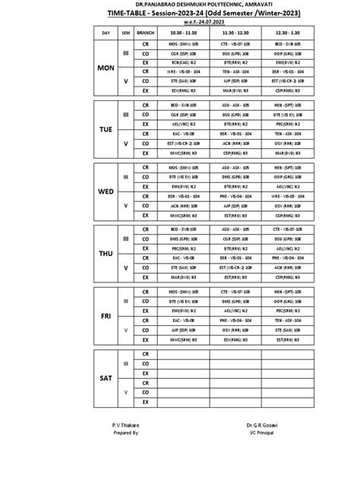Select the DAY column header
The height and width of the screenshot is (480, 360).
106,34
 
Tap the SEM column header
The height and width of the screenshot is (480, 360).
126,34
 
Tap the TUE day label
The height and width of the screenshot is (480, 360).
106,130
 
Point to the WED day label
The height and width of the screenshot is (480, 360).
106,192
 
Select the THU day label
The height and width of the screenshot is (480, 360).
106,254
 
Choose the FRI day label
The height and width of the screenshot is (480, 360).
106,316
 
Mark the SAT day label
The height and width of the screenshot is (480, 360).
106,377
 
